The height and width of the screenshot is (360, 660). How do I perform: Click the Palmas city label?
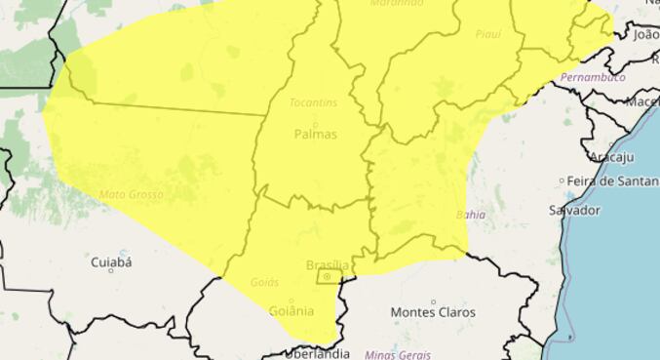(x=314, y=135)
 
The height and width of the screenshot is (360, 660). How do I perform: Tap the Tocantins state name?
(x=313, y=102)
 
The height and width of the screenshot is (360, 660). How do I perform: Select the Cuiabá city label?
(x=110, y=261)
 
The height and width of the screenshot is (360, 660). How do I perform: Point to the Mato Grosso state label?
(x=131, y=195)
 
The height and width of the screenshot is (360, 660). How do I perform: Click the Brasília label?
(x=327, y=264)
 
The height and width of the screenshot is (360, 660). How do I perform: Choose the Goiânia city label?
(x=291, y=311)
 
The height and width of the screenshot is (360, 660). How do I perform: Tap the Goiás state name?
(x=265, y=282)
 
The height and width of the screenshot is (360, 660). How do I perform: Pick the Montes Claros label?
(x=433, y=312)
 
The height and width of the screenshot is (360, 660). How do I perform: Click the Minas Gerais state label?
(x=397, y=354)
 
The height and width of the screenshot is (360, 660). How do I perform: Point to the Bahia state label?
(x=470, y=214)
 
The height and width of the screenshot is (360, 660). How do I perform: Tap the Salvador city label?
(x=574, y=210)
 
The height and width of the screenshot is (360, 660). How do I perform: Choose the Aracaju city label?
(x=611, y=156)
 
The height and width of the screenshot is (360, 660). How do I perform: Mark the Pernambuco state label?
(x=593, y=77)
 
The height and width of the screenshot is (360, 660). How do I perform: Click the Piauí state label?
(x=487, y=34)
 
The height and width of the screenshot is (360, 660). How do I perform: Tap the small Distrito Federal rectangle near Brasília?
(x=328, y=277)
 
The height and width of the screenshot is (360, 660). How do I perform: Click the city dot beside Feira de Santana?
(x=563, y=181)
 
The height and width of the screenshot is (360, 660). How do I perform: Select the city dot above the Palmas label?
(x=314, y=123)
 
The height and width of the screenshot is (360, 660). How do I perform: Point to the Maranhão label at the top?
(x=397, y=4)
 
